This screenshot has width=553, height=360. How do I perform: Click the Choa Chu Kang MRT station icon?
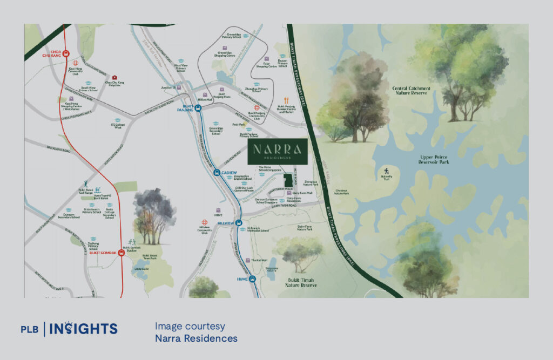point(65,53)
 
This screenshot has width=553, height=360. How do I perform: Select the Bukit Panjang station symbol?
point(198,107)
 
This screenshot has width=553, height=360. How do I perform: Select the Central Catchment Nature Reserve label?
point(412,90)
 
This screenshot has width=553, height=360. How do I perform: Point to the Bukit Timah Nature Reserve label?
point(301,282)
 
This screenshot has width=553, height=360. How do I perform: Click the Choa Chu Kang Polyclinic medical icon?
point(115,78)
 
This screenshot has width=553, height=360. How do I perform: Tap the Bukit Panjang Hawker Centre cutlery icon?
point(286,100)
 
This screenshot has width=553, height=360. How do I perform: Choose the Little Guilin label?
point(141,268)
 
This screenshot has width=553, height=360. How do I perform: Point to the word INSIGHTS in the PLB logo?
point(84,328)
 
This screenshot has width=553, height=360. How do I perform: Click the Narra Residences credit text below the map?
point(195,338)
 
